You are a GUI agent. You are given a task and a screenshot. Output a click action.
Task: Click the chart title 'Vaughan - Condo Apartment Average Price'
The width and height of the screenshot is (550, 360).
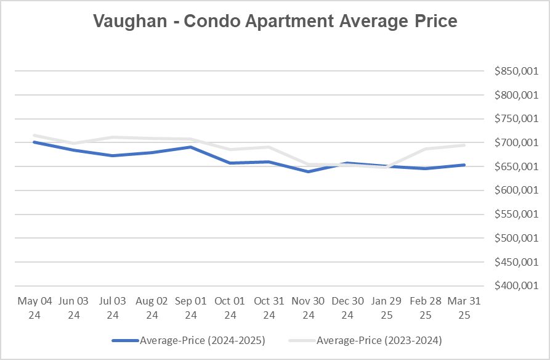275,21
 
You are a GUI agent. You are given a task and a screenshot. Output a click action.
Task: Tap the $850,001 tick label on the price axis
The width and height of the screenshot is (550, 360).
516,72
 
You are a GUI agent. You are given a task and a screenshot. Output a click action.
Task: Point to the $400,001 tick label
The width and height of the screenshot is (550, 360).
516,286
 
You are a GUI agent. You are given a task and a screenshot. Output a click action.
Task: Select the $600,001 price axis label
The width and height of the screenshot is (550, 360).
516,190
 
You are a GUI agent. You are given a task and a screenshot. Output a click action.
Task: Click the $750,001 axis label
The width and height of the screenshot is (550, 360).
516,119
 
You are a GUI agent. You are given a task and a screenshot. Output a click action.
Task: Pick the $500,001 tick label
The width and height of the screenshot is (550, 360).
516,239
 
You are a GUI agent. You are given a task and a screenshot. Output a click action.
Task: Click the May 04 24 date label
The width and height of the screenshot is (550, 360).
35,308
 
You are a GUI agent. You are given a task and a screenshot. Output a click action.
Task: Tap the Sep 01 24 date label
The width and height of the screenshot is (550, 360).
191,308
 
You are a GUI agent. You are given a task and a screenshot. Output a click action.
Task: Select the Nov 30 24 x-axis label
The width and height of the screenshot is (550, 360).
308,308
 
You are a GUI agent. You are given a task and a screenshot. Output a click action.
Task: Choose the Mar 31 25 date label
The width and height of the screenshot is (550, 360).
464,308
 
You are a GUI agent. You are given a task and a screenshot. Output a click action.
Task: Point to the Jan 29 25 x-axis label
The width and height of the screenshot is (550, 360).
386,308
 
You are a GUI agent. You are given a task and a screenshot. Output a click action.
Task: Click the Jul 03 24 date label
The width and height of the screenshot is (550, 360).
113,308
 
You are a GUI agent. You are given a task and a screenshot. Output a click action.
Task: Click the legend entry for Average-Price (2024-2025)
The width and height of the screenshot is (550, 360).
188,340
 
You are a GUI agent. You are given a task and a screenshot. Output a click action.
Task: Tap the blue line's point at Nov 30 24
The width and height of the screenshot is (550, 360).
308,171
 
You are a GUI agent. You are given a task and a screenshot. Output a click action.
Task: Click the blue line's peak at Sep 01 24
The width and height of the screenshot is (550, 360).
191,147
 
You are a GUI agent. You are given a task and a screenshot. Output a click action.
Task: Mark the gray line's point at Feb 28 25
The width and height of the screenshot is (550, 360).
425,149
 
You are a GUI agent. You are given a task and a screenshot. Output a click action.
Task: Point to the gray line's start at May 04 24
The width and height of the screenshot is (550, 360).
35,136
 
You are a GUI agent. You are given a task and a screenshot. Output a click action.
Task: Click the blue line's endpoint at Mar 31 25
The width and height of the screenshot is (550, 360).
464,165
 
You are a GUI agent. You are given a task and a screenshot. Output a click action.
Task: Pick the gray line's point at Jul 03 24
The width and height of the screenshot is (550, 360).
113,137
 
